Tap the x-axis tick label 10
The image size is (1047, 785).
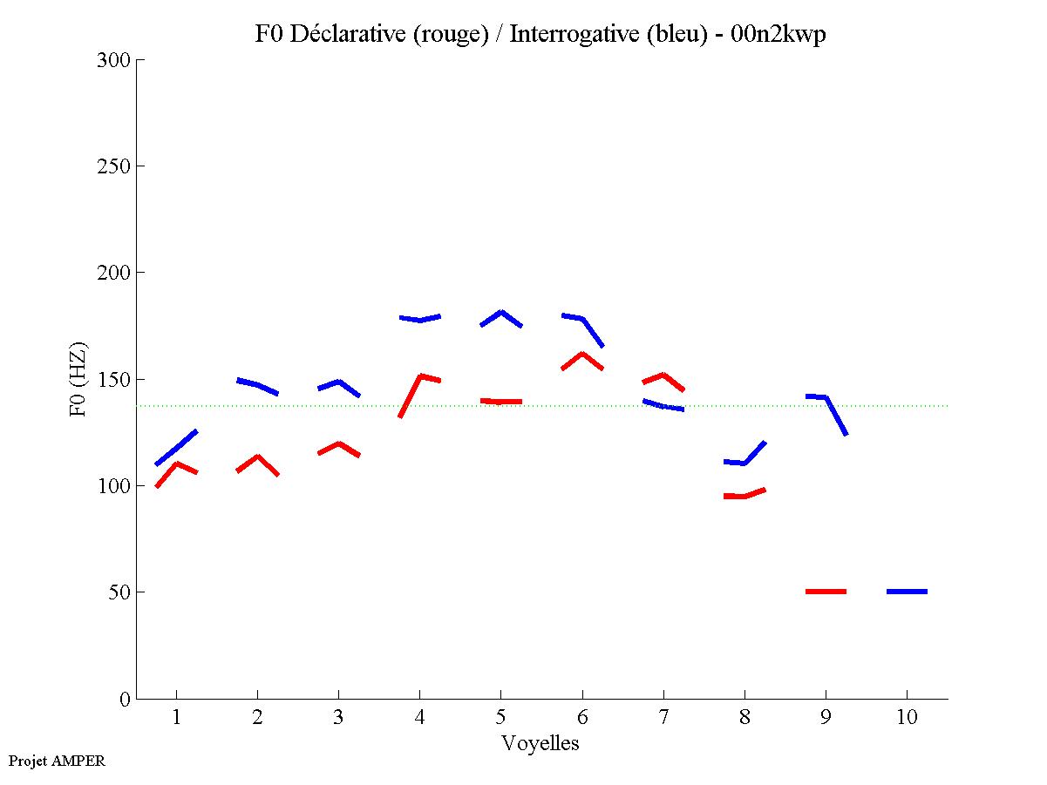pyautogui.click(x=907, y=718)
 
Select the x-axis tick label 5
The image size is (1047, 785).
pyautogui.click(x=500, y=718)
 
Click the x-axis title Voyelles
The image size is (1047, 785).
pyautogui.click(x=540, y=743)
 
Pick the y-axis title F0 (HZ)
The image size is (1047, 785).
pyautogui.click(x=79, y=379)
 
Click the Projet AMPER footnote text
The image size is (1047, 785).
pyautogui.click(x=57, y=761)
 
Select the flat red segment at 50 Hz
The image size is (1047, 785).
pyautogui.click(x=826, y=592)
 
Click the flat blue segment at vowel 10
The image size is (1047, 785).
pyautogui.click(x=907, y=592)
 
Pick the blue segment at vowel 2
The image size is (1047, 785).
pyautogui.click(x=257, y=386)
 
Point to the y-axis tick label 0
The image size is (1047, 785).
pyautogui.click(x=125, y=699)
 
